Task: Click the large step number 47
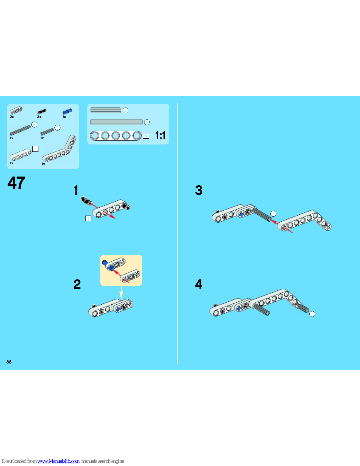click(16, 183)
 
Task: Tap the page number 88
click(9, 362)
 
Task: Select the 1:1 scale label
click(160, 135)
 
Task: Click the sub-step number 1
click(76, 190)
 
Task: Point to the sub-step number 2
click(77, 284)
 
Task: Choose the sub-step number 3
click(199, 190)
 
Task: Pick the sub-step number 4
click(199, 284)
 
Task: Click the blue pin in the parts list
click(67, 111)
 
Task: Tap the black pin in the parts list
click(42, 111)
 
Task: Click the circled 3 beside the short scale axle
click(125, 110)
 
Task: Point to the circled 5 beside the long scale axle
click(147, 122)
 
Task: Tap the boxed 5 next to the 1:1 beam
click(146, 136)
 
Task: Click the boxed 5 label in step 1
click(88, 218)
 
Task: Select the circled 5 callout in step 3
click(273, 214)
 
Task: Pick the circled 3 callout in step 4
click(313, 314)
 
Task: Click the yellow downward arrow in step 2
click(121, 293)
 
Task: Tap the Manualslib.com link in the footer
click(58, 461)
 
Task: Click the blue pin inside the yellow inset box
click(108, 265)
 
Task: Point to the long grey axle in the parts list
click(20, 130)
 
